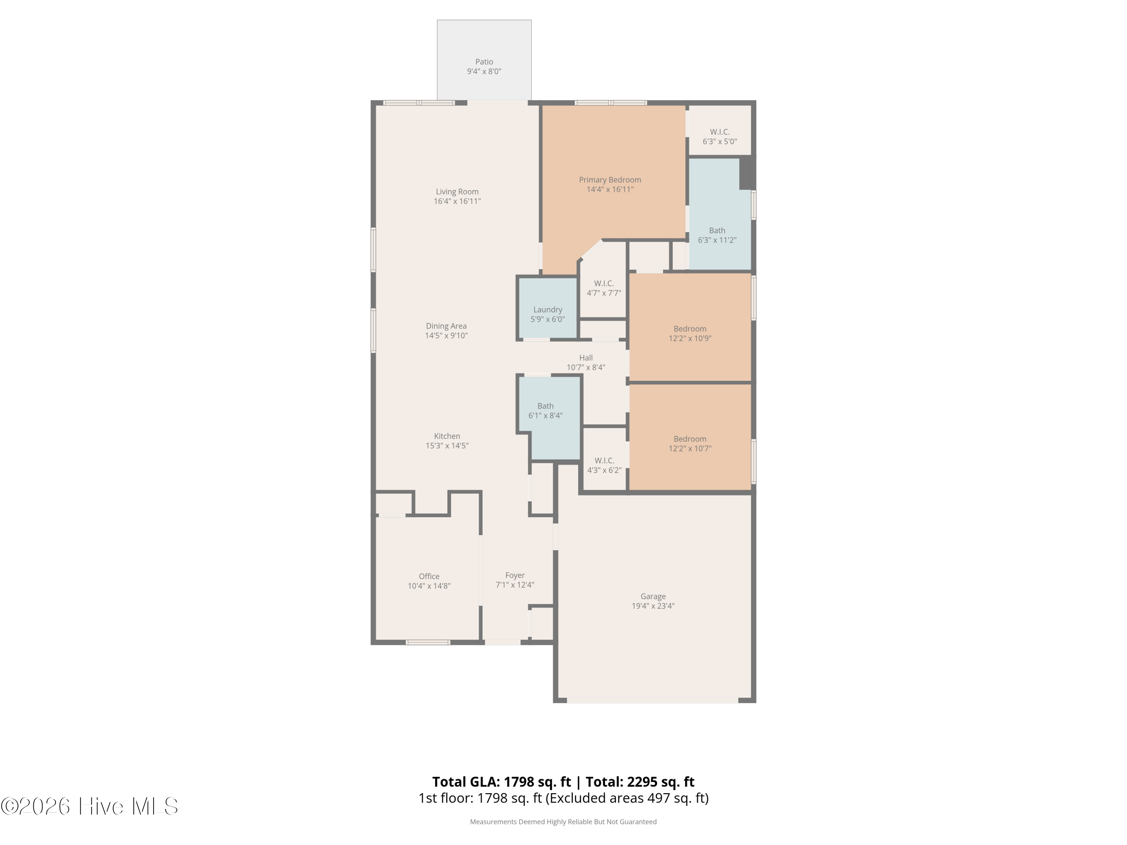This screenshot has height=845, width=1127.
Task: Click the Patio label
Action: click(484, 62)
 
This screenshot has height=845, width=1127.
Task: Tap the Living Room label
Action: click(457, 192)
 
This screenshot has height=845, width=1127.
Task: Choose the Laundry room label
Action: click(548, 310)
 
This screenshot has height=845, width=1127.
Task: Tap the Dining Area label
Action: click(446, 326)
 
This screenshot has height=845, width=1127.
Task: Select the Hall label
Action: click(586, 358)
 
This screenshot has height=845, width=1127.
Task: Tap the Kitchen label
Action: click(447, 436)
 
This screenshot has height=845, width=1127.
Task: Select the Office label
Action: click(429, 576)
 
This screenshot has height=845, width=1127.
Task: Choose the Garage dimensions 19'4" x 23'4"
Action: click(653, 606)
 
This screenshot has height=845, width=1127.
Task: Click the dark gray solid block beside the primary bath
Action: click(747, 173)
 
